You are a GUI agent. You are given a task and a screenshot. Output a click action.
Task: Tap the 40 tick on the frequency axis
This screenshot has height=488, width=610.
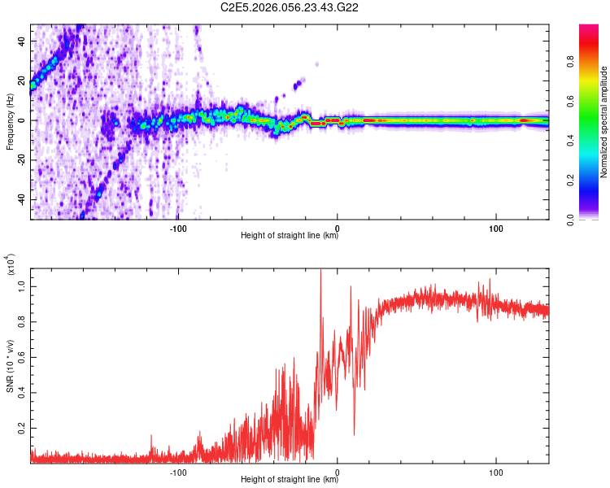pyautogui.click(x=22, y=41)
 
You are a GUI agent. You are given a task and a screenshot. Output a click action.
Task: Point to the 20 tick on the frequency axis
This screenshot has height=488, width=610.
pyautogui.click(x=22, y=81)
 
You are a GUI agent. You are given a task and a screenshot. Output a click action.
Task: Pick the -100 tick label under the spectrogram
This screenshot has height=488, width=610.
pyautogui.click(x=179, y=228)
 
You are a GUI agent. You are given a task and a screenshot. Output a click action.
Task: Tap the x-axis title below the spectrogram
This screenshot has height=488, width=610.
pyautogui.click(x=290, y=237)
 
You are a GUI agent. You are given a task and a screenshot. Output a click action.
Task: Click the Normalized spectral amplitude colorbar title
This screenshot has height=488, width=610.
pyautogui.click(x=604, y=122)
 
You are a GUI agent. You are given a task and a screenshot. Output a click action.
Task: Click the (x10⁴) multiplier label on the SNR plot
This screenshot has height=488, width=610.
pyautogui.click(x=11, y=264)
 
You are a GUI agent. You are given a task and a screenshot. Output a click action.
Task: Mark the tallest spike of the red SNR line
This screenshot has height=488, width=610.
pyautogui.click(x=320, y=270)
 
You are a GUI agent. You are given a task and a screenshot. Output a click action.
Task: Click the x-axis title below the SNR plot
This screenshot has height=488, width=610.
pyautogui.click(x=290, y=481)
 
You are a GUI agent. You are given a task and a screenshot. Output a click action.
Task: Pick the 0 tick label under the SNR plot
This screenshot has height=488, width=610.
pyautogui.click(x=338, y=472)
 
